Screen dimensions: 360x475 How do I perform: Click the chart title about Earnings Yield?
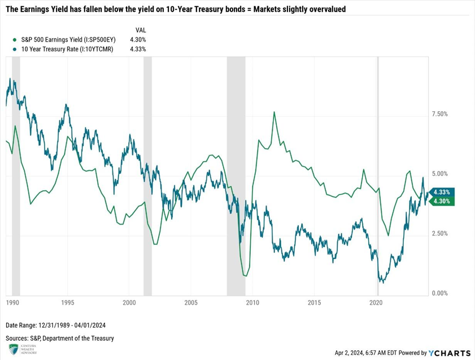click(176, 10)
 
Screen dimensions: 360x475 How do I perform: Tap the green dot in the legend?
click(14, 39)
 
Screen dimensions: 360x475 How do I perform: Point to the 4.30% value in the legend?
click(137, 39)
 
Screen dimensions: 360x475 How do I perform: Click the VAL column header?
click(141, 29)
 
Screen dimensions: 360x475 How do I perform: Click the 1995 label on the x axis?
click(67, 303)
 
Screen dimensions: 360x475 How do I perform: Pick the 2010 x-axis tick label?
click(253, 303)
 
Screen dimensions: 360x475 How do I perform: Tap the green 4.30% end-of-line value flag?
click(442, 201)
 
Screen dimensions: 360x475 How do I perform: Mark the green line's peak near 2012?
click(274, 112)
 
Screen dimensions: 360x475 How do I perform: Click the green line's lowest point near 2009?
click(245, 275)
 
